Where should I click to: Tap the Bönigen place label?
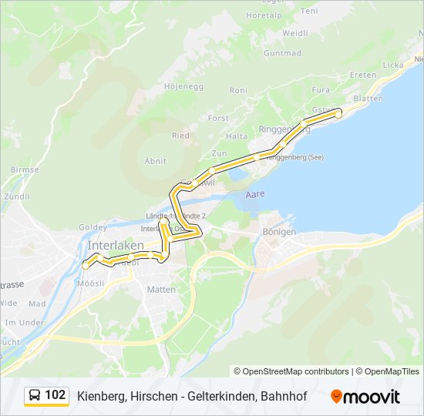(x=278, y=231)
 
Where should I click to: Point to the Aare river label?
(x=254, y=194)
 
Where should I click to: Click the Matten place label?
(x=161, y=290)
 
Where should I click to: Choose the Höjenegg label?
(x=183, y=86)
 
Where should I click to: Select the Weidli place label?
(x=295, y=33)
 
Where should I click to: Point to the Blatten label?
(x=368, y=99)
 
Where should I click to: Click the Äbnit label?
(x=156, y=160)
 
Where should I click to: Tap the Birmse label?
(x=25, y=169)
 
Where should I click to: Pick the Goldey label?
(x=93, y=228)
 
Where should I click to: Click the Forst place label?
(x=218, y=119)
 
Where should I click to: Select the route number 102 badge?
(x=55, y=395)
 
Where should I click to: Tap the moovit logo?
(x=365, y=396)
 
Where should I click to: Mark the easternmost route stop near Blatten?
(x=338, y=114)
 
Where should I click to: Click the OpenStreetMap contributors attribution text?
(x=291, y=371)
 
